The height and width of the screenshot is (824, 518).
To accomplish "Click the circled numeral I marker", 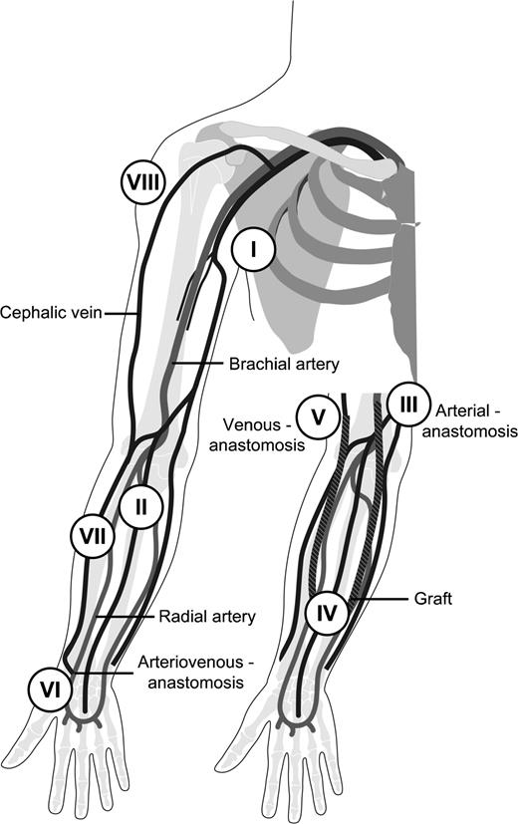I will pyautogui.click(x=254, y=251).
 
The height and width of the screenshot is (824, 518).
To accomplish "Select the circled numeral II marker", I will pyautogui.click(x=141, y=507).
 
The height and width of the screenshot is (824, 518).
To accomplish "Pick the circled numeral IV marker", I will pyautogui.click(x=328, y=611).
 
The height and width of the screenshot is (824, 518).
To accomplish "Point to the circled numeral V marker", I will pyautogui.click(x=319, y=416).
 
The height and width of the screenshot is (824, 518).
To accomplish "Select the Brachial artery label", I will pyautogui.click(x=285, y=365).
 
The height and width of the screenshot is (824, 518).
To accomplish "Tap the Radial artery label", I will pyautogui.click(x=207, y=617).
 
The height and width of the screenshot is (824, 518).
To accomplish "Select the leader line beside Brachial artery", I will pyautogui.click(x=199, y=365).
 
